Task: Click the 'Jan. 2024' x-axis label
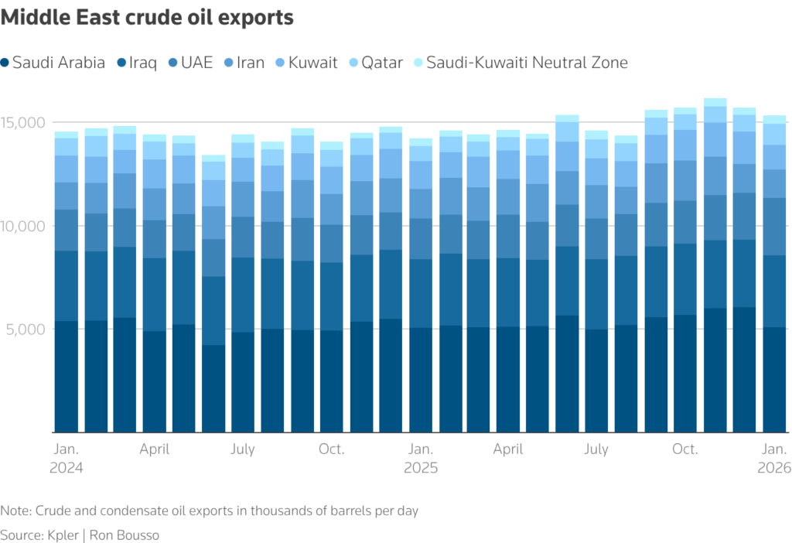67,459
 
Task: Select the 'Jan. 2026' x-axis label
774,459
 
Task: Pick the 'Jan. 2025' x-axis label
421,459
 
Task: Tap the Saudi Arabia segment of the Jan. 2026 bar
774,379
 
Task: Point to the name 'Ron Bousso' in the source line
126,535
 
